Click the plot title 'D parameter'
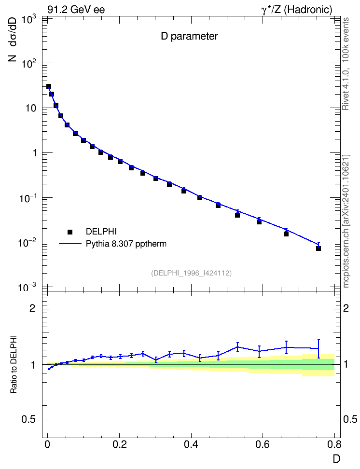tap(189, 36)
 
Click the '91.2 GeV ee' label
tap(76, 10)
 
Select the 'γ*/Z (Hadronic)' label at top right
tap(297, 10)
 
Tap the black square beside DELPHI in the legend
tap(70, 232)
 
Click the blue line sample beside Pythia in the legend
tap(70, 244)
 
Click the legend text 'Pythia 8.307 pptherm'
tap(126, 244)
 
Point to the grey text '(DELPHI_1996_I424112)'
tap(191, 273)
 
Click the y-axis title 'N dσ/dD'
tap(13, 40)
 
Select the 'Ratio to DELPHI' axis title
tap(14, 364)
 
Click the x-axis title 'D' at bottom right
tap(336, 458)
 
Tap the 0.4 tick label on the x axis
tap(191, 445)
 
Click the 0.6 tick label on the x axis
tap(263, 445)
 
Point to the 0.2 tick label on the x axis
tap(119, 445)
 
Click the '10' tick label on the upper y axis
tap(30, 108)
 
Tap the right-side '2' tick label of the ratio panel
tap(346, 308)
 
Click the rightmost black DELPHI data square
tap(318, 248)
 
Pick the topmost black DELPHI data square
tap(49, 86)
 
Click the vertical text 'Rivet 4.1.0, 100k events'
tap(346, 64)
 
